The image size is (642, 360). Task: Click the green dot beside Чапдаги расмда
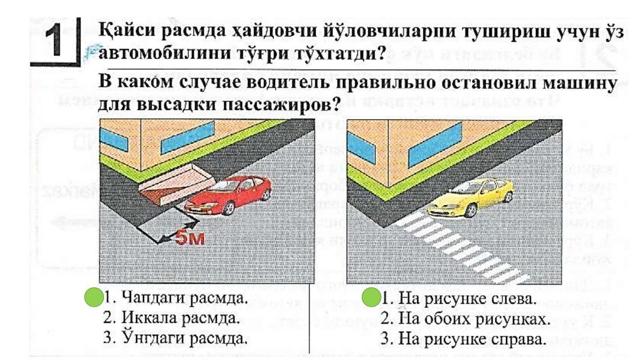pyautogui.click(x=94, y=297)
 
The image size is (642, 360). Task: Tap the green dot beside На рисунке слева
pyautogui.click(x=372, y=297)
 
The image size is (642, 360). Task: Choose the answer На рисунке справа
pyautogui.click(x=470, y=339)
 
